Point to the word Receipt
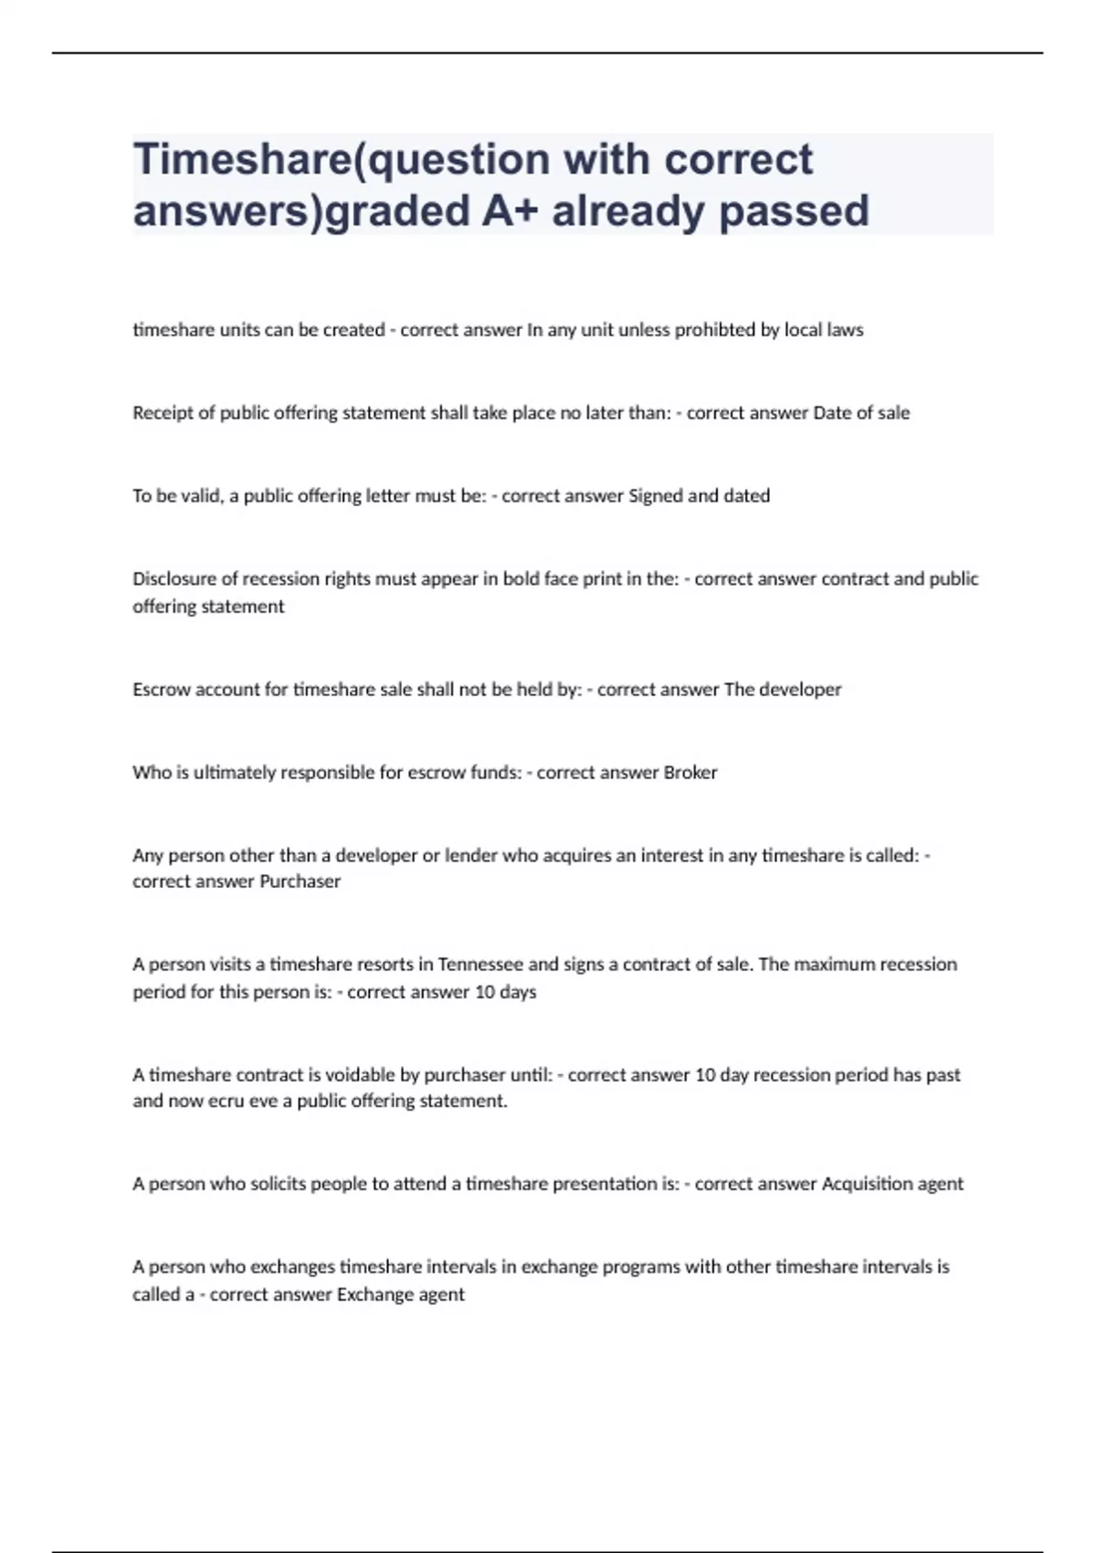[x=163, y=413]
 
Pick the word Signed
[x=656, y=496]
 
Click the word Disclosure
[x=174, y=579]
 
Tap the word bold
[x=522, y=579]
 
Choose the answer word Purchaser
[x=300, y=882]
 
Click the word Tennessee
[x=480, y=965]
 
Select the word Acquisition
[x=866, y=1184]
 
